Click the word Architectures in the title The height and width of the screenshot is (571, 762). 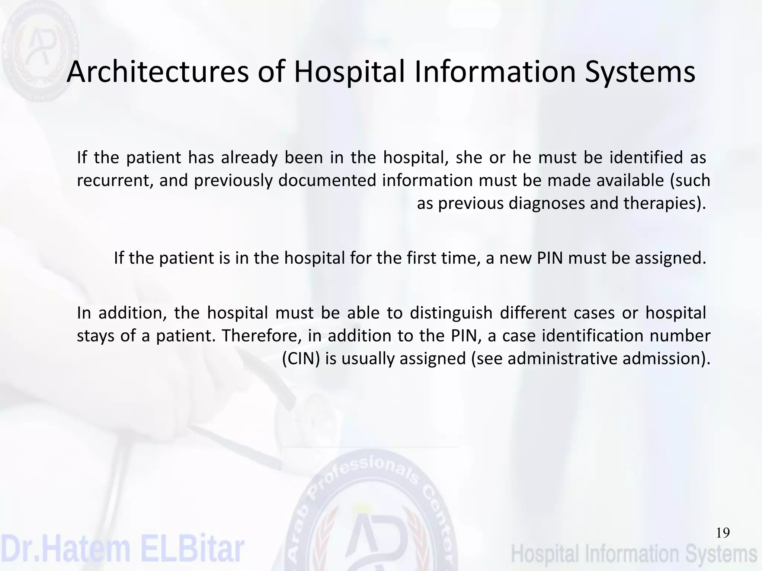tap(157, 72)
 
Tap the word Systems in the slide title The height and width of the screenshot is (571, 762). tap(640, 72)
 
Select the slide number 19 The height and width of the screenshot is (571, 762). tap(723, 533)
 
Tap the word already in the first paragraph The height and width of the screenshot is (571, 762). tap(249, 158)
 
